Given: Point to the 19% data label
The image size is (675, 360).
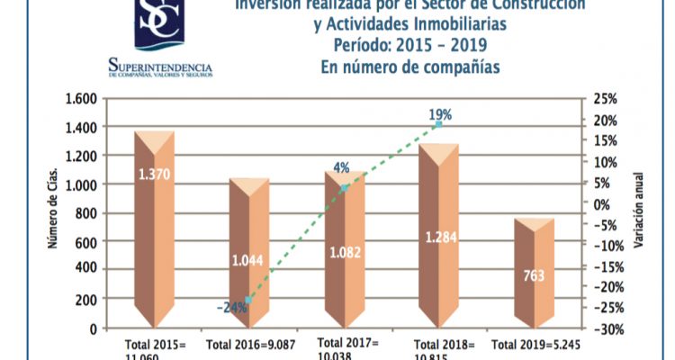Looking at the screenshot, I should [x=440, y=114].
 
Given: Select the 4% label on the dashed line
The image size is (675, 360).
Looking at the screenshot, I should [x=341, y=167].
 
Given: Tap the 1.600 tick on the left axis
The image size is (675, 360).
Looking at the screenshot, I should [x=80, y=99].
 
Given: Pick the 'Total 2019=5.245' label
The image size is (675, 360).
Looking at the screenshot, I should [x=535, y=344].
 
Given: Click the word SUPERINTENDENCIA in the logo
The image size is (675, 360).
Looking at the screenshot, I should [x=159, y=67].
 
